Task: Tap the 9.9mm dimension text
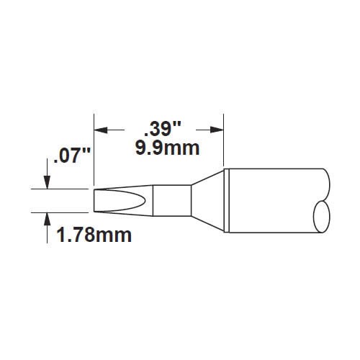coord(167,149)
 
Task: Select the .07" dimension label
coord(72,156)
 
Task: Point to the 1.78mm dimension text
coord(94,235)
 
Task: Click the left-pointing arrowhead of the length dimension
coord(101,130)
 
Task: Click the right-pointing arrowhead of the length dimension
coord(217,130)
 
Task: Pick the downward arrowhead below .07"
coord(47,183)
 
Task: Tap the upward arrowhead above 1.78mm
coord(47,219)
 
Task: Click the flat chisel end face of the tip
coord(94,201)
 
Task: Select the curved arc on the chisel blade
coord(145,201)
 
